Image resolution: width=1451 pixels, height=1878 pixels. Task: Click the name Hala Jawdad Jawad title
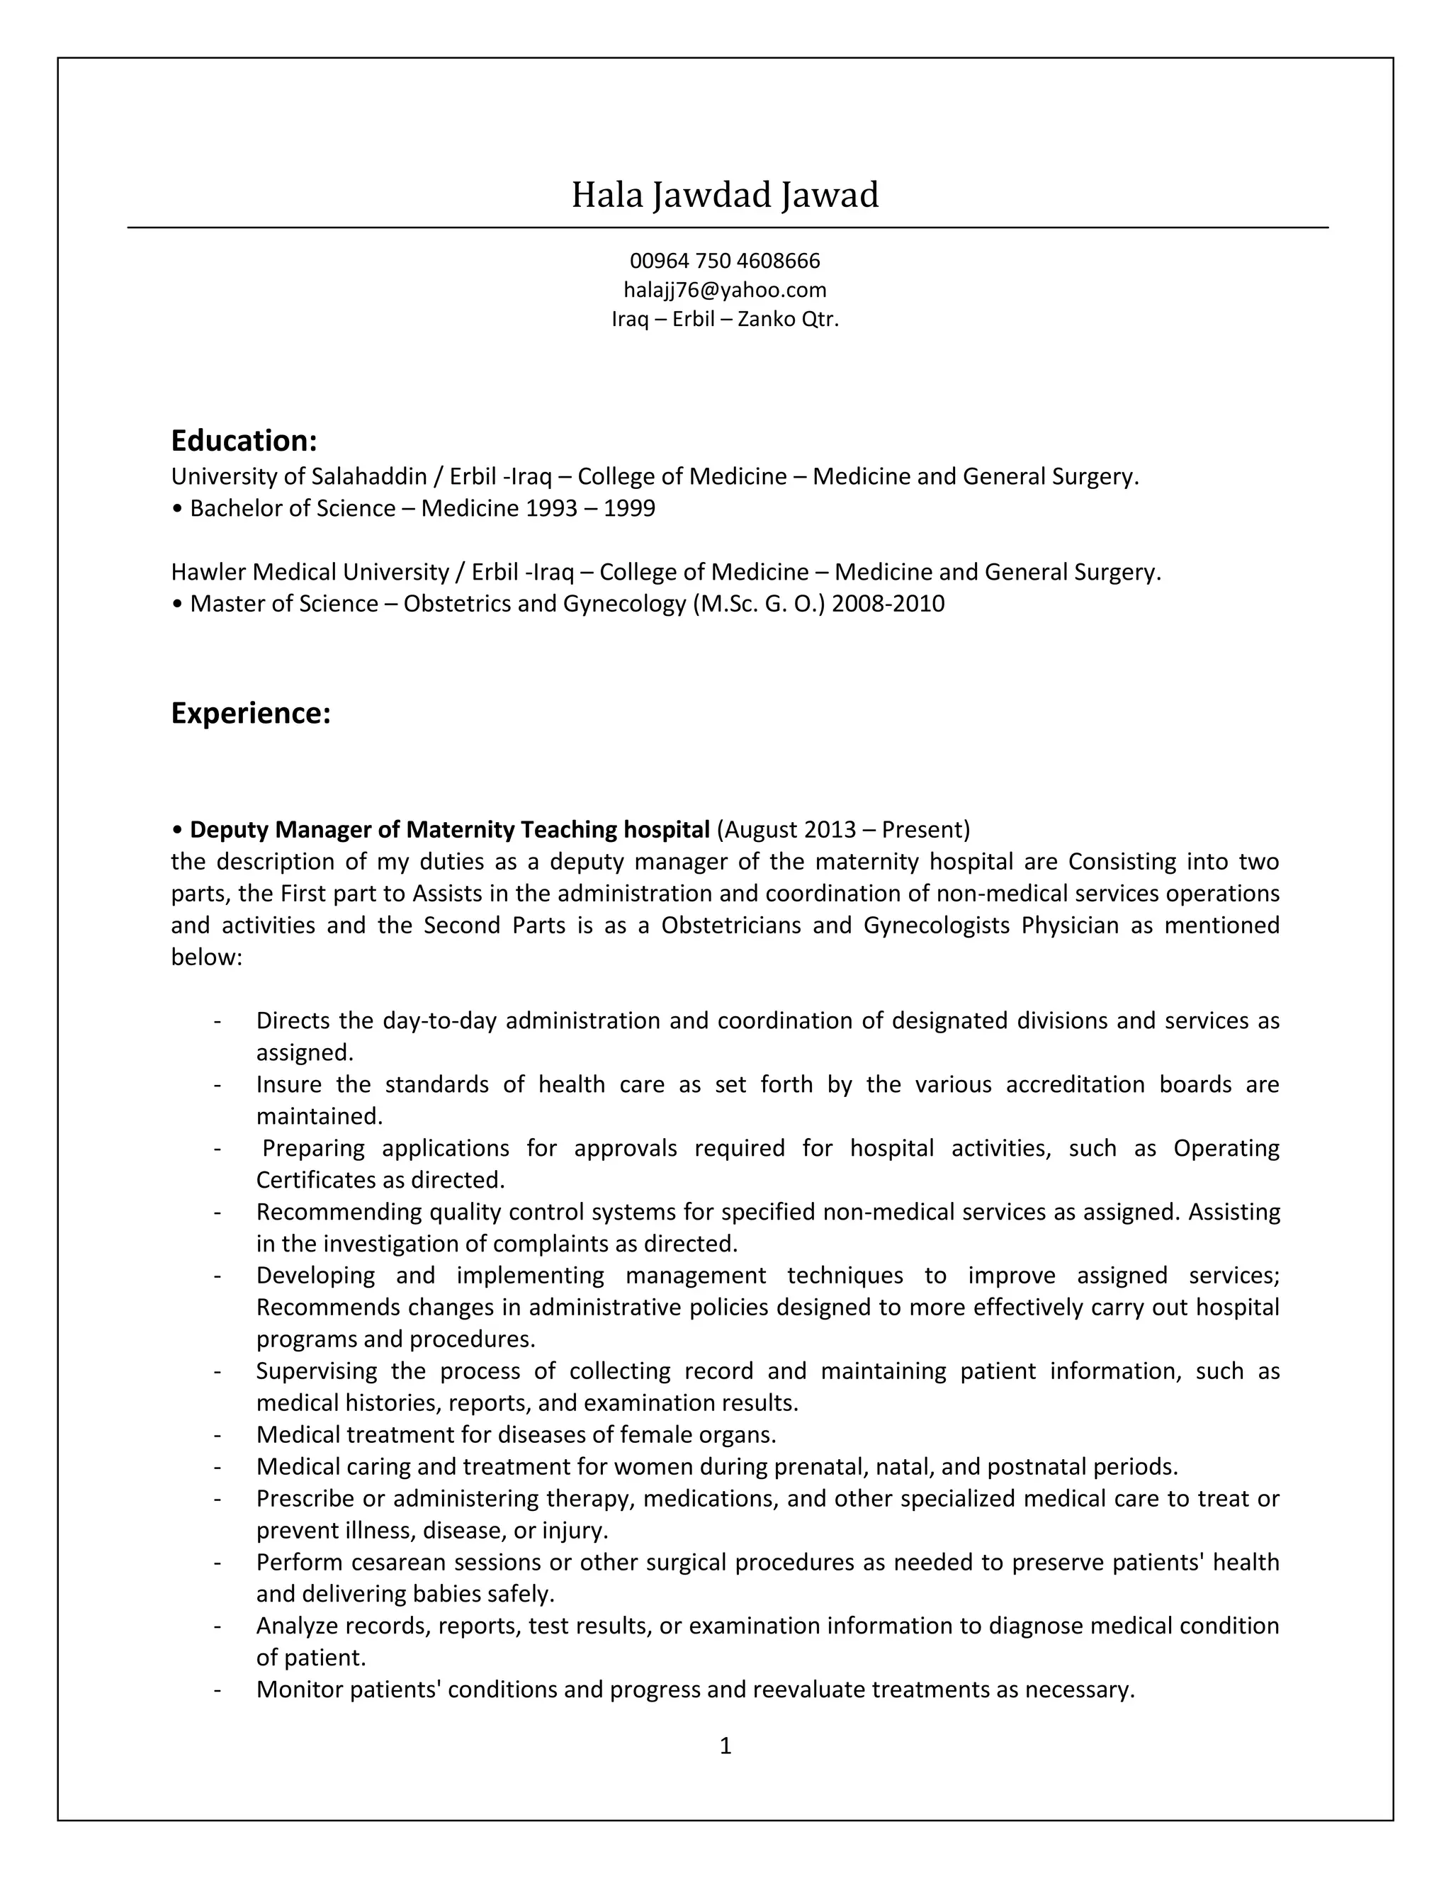[x=725, y=195]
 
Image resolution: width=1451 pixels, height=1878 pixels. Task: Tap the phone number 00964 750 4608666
[x=725, y=261]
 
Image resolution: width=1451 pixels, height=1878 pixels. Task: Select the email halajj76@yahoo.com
[x=725, y=290]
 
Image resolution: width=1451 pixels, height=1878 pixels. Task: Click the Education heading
[x=244, y=441]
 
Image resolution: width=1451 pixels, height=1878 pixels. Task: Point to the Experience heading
[x=250, y=714]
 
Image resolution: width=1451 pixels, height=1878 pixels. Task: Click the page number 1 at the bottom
[x=725, y=1745]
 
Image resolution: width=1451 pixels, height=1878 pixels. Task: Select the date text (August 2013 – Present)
[x=842, y=830]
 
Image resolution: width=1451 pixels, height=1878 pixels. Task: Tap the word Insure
[x=289, y=1084]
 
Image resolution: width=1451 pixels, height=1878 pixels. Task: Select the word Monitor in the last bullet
[x=300, y=1689]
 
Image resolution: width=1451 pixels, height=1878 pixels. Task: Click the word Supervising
[x=316, y=1371]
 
